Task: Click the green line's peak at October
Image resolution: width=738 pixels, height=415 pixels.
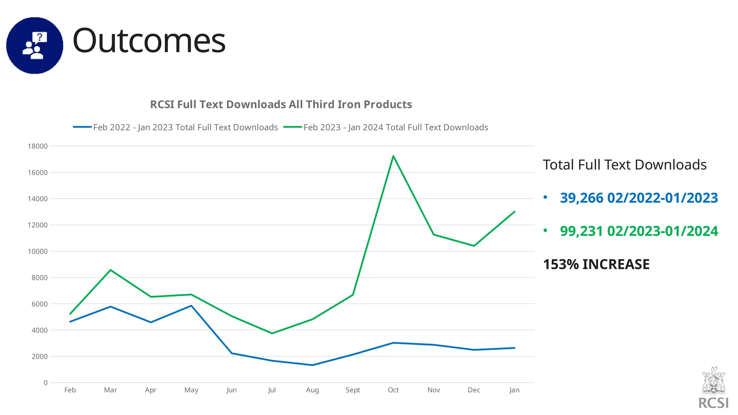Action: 393,156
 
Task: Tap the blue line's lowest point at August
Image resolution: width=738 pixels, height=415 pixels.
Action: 312,365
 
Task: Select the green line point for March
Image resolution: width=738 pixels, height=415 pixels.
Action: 110,270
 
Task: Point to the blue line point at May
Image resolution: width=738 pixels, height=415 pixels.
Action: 191,306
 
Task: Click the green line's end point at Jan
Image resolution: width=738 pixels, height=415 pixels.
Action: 514,212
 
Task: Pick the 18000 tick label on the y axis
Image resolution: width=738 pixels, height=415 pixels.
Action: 37,146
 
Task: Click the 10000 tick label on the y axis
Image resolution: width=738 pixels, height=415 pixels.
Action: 37,251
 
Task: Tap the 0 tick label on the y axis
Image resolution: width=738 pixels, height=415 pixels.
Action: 45,383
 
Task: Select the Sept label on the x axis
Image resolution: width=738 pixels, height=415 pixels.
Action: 353,390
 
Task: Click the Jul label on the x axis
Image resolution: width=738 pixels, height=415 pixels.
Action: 272,390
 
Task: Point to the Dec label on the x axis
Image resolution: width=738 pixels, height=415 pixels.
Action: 474,390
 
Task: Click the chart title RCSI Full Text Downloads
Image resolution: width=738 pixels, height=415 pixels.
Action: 281,104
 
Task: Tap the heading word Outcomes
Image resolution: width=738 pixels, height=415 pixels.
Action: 149,41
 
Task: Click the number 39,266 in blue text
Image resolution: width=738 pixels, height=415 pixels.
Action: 581,198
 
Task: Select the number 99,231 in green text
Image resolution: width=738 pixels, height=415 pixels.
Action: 581,231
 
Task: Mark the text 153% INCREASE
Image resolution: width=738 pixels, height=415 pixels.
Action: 596,264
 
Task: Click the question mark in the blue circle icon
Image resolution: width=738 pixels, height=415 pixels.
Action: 40,37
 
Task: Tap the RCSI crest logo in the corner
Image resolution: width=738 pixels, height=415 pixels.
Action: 713,381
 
